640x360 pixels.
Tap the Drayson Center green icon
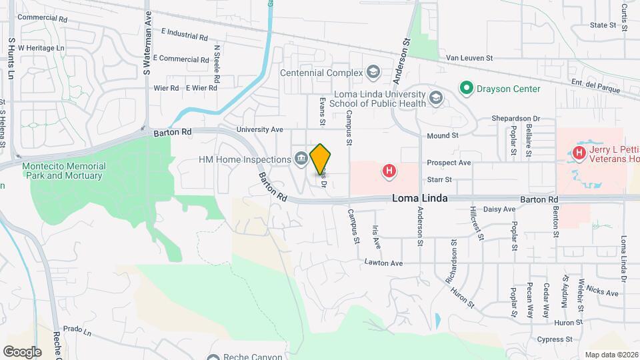click(467, 88)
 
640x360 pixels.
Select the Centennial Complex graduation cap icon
click(373, 72)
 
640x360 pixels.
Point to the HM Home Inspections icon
click(301, 159)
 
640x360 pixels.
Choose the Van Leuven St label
click(469, 59)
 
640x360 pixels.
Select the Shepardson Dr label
click(515, 118)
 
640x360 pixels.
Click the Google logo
click(22, 351)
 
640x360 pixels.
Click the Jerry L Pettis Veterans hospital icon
click(579, 154)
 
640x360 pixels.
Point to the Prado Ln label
click(77, 330)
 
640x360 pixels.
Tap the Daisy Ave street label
click(499, 209)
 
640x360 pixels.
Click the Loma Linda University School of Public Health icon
click(436, 99)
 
